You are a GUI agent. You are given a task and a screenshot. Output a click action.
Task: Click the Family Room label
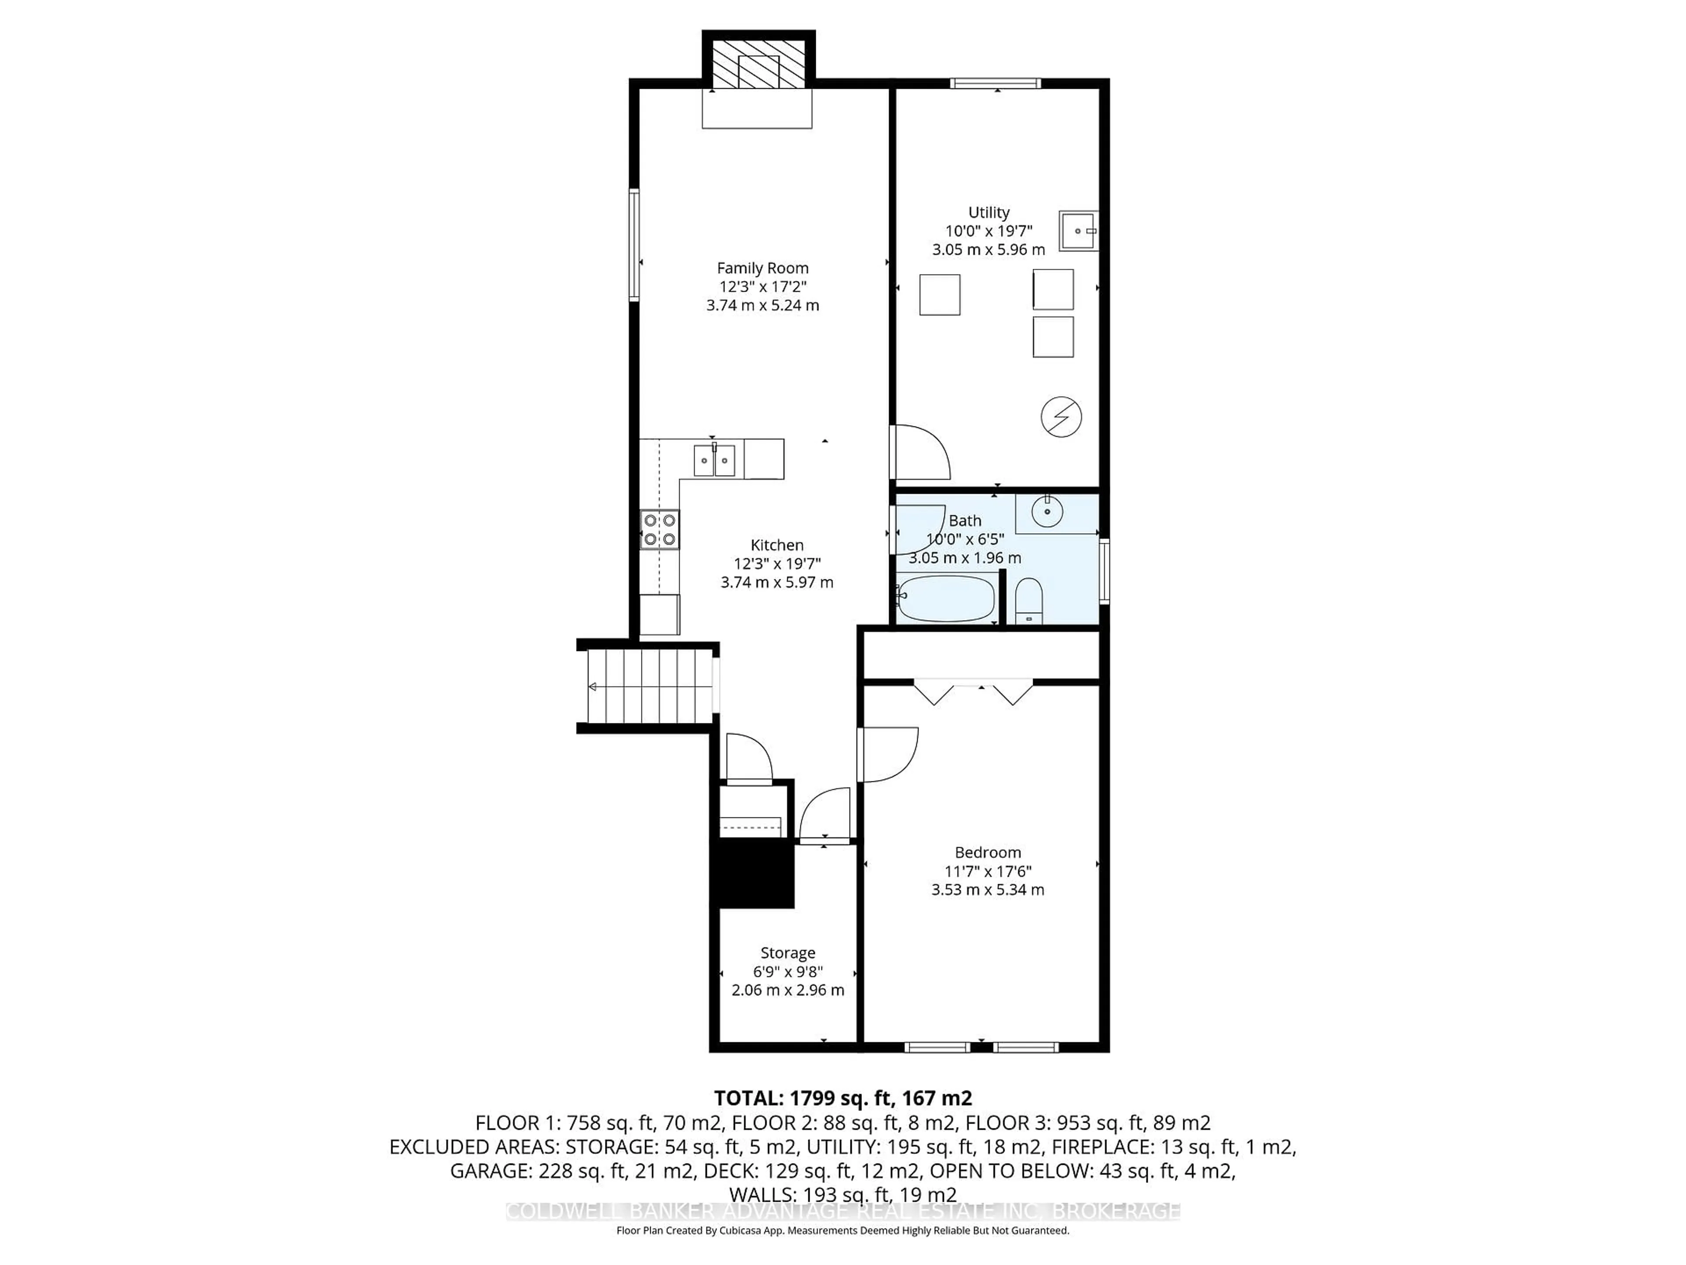pyautogui.click(x=762, y=268)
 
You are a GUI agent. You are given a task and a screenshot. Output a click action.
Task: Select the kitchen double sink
pyautogui.click(x=714, y=461)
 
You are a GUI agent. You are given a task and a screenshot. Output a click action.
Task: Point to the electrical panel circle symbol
pyautogui.click(x=1061, y=417)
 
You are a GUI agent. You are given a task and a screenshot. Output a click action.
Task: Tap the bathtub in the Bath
pyautogui.click(x=946, y=599)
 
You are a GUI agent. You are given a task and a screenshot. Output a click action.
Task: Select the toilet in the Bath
pyautogui.click(x=1029, y=602)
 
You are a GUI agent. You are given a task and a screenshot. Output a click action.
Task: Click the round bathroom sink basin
pyautogui.click(x=1047, y=511)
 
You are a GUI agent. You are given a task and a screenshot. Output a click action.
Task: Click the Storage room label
pyautogui.click(x=787, y=953)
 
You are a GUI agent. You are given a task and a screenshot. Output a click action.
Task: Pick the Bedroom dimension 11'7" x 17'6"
pyautogui.click(x=988, y=871)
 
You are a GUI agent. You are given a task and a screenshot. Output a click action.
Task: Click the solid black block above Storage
pyautogui.click(x=752, y=873)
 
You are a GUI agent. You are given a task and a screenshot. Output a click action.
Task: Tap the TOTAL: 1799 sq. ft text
pyautogui.click(x=842, y=1098)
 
